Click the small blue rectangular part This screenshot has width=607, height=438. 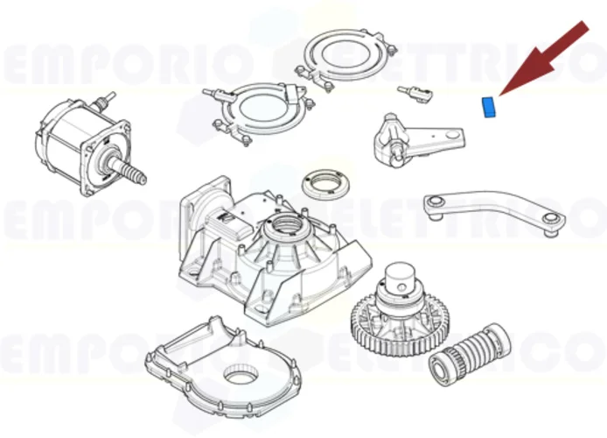click(488, 107)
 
